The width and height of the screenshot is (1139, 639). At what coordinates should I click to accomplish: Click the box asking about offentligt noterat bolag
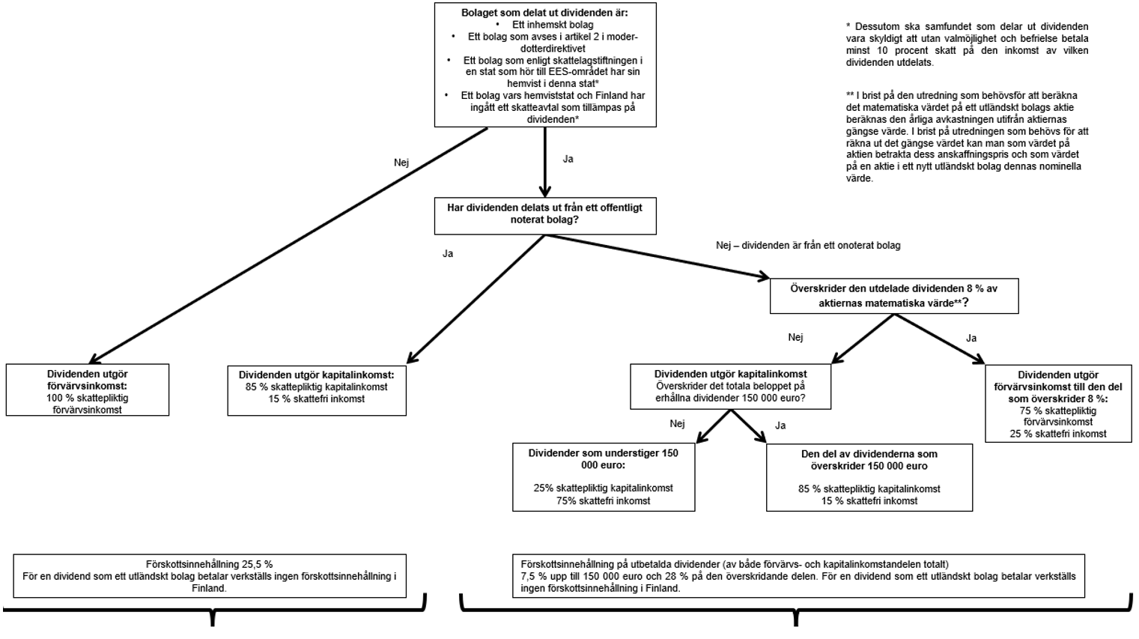click(545, 214)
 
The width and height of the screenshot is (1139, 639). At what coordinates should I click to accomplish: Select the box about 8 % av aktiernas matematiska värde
click(894, 296)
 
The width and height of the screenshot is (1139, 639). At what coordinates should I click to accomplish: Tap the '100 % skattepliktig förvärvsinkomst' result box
click(88, 390)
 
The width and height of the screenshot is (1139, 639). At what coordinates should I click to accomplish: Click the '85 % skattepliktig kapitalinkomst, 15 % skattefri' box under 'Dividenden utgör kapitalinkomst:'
click(317, 390)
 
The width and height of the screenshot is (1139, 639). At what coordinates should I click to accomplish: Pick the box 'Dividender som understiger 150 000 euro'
click(604, 477)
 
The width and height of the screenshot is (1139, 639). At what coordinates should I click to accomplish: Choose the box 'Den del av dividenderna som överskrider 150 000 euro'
click(869, 477)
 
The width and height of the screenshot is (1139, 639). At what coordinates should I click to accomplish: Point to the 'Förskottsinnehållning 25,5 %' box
click(210, 575)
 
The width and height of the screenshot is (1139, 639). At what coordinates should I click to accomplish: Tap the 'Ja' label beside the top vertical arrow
click(568, 159)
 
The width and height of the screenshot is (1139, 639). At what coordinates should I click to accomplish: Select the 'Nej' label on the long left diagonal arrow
click(401, 163)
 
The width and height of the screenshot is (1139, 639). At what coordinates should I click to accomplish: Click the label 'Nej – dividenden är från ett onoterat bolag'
click(808, 245)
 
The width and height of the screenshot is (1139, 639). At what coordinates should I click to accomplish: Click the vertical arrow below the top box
click(545, 161)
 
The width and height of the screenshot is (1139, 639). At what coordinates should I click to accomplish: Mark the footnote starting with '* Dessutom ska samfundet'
click(967, 44)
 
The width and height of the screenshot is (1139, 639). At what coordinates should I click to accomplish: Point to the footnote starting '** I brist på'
click(967, 137)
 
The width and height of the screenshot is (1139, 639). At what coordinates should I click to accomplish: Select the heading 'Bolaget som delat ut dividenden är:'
click(544, 13)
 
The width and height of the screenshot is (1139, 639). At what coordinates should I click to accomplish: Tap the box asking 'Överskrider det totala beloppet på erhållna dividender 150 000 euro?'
click(730, 387)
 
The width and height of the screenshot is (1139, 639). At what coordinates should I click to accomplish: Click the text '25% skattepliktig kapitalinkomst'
click(603, 488)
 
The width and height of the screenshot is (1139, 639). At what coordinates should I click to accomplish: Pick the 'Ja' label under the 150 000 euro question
click(780, 426)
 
